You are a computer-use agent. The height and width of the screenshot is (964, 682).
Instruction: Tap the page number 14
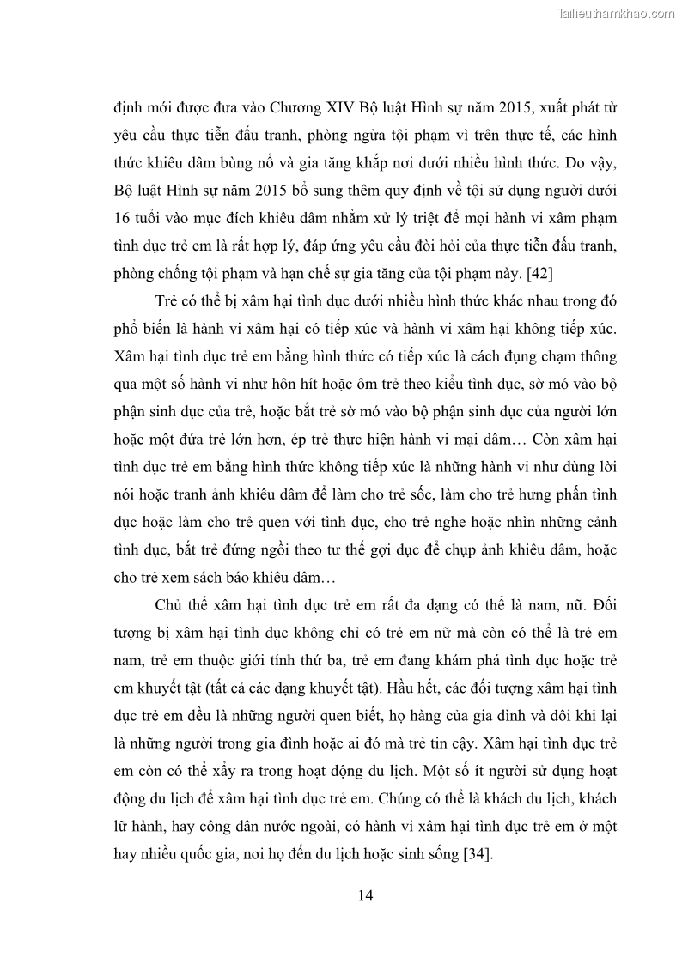click(365, 895)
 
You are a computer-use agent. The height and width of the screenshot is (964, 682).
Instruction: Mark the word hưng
click(519, 495)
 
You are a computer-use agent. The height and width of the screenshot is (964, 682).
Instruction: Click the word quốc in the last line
click(206, 854)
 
